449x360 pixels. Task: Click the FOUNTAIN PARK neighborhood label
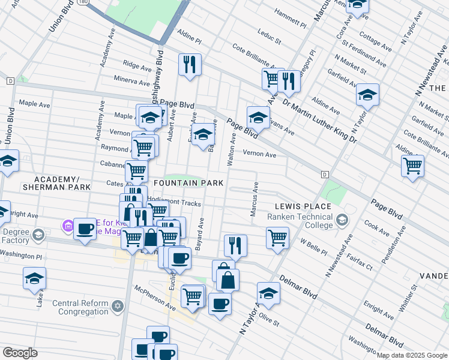coord(188,183)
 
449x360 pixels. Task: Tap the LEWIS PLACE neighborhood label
coord(303,206)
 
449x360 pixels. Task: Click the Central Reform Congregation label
coord(80,307)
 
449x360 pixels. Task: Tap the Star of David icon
coord(118,307)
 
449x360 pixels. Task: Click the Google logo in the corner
coord(20,353)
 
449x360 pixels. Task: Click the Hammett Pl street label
coord(289,19)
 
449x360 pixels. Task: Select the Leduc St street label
coord(269,37)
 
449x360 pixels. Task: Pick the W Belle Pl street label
coord(313,244)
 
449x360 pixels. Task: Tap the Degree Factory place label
coord(15,236)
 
